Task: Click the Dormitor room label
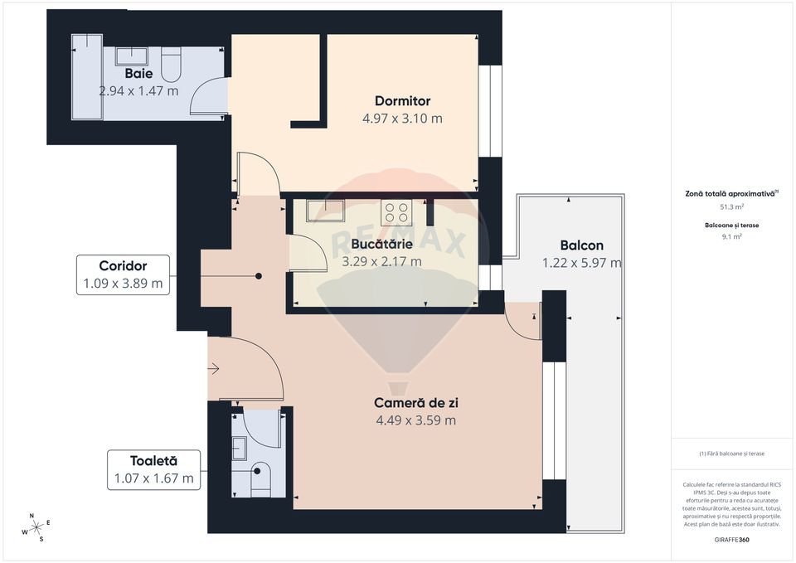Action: click(402, 101)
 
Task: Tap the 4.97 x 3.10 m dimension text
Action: click(402, 119)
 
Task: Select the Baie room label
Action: click(138, 74)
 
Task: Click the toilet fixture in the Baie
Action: click(171, 63)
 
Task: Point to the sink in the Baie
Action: click(131, 56)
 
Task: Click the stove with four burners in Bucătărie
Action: click(396, 211)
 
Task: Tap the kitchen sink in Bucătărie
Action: click(319, 211)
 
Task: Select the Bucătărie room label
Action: click(381, 245)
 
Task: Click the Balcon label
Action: click(581, 245)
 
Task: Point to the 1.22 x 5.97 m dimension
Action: click(581, 263)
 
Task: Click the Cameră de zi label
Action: click(416, 403)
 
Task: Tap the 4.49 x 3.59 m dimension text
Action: click(416, 420)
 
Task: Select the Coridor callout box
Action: click(123, 275)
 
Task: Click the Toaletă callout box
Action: click(153, 470)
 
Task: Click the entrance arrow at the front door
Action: click(214, 369)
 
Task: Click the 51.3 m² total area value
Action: click(731, 207)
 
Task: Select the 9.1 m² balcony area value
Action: click(731, 235)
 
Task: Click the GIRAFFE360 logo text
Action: click(731, 540)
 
